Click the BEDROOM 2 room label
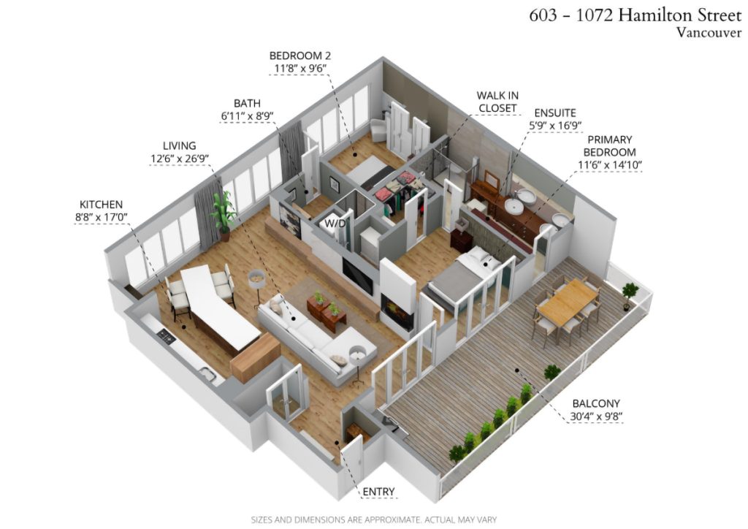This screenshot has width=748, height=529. (300, 56)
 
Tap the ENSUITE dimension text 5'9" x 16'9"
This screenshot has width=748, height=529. (555, 126)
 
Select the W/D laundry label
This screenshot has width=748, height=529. (335, 223)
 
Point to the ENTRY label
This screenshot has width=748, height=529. (379, 491)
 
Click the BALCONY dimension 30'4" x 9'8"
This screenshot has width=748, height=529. (596, 416)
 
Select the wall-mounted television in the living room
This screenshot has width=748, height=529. (357, 276)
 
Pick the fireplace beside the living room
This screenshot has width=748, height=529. (397, 313)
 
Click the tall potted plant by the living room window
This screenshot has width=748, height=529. (224, 216)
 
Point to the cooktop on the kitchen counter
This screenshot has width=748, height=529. (167, 338)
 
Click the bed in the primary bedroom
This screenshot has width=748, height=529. (462, 278)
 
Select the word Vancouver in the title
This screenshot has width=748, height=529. (709, 32)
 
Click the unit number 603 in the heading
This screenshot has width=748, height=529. (543, 15)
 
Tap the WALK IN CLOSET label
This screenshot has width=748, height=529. (497, 102)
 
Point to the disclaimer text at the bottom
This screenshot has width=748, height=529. (373, 520)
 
